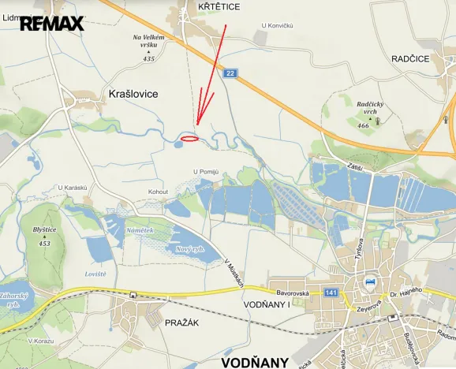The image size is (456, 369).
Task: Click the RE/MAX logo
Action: [51, 24]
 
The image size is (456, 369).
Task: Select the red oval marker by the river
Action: [189, 139]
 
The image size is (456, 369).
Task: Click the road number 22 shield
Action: [230, 73]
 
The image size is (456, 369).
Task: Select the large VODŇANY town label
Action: [255, 362]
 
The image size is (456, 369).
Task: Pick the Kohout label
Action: [159, 191]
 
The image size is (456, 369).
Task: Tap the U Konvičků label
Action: [277, 26]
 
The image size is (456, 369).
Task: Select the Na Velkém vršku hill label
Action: [149, 42]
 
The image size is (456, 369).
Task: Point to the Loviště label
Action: [95, 274]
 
